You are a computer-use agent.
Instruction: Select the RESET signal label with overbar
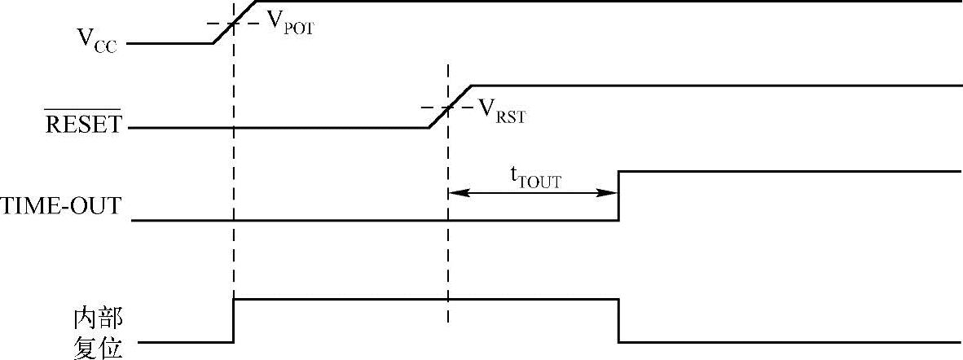82,125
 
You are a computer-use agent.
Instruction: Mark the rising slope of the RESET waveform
449,107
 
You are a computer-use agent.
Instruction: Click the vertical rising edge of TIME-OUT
618,195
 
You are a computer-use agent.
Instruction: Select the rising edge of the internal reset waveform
234,321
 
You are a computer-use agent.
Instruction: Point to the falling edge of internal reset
618,321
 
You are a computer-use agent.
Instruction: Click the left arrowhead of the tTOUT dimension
453,193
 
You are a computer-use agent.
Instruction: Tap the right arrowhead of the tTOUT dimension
612,193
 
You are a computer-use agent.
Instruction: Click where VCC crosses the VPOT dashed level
234,22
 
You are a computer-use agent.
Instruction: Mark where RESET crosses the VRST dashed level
448,108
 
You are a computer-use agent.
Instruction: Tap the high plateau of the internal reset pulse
424,300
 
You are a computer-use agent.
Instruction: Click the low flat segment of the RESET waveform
277,128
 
